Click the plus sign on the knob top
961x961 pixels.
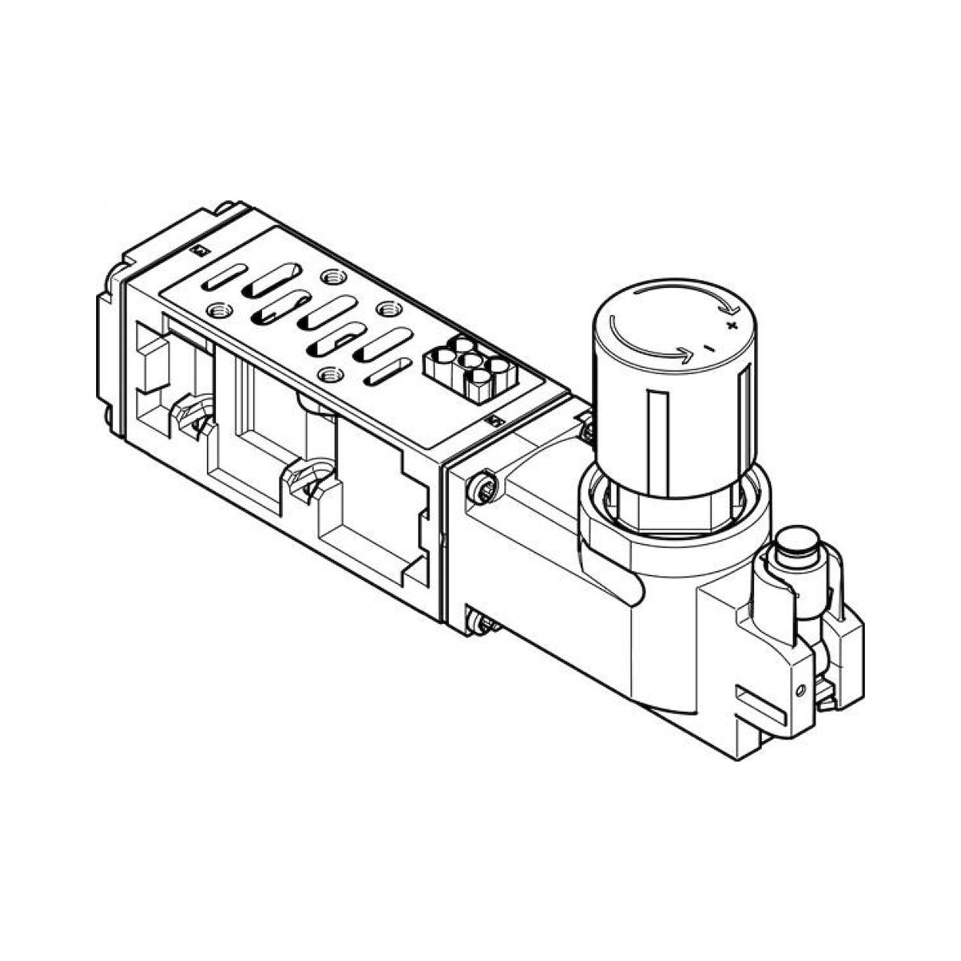[731, 326]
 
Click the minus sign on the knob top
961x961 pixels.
[710, 348]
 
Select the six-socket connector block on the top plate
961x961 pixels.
[470, 369]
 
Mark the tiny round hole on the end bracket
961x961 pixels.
[800, 690]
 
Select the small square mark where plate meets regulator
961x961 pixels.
[495, 422]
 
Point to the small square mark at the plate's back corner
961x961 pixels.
[199, 250]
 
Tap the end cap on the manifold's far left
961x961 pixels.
[111, 348]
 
